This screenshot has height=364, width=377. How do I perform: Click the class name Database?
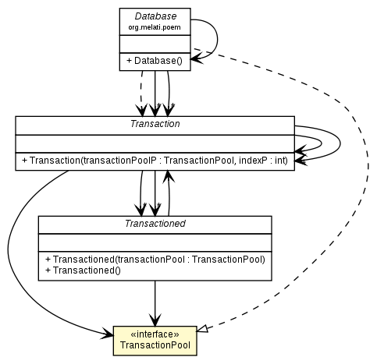coord(154,16)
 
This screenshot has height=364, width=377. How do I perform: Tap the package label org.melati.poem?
coord(154,27)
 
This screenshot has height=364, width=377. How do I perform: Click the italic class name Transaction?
coord(155,124)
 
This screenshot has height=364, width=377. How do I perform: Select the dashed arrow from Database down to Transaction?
coord(142,94)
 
